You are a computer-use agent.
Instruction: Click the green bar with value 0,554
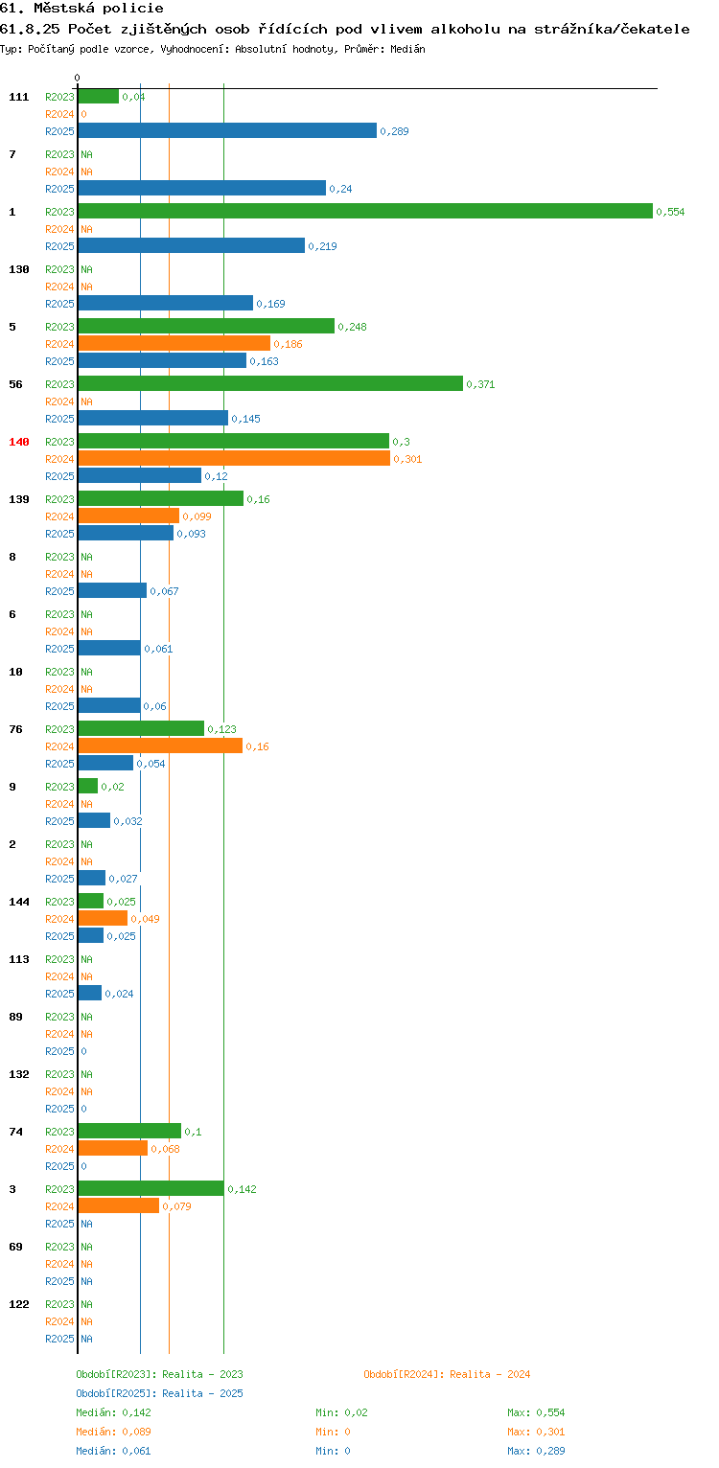point(365,211)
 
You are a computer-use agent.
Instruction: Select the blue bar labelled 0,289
point(227,130)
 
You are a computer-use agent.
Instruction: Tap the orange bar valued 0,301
point(234,459)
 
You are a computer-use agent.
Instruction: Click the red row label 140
point(19,442)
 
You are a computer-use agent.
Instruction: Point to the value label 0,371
point(480,384)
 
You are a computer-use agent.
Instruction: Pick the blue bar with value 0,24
point(202,188)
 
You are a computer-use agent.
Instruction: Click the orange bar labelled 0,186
point(174,343)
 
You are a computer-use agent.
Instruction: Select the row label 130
point(19,269)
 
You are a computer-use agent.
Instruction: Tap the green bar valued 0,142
point(151,1188)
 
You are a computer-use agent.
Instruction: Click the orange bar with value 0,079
point(119,1205)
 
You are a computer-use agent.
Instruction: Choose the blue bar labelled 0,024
point(90,993)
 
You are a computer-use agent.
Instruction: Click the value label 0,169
point(270,304)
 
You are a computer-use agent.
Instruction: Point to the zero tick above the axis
point(78,78)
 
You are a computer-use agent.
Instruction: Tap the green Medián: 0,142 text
point(113,1412)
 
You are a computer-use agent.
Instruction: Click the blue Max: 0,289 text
point(536,1451)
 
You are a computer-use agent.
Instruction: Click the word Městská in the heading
point(64,9)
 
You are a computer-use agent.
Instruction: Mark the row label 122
point(19,1304)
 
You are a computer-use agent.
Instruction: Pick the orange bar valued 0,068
point(113,1148)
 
